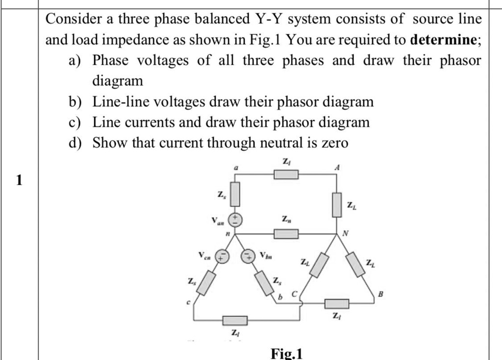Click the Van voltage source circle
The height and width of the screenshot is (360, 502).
pyautogui.click(x=236, y=218)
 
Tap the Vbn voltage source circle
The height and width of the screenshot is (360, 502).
pyautogui.click(x=248, y=256)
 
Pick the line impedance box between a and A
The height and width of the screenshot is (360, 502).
pyautogui.click(x=285, y=174)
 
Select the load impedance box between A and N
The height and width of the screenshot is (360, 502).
pyautogui.click(x=337, y=205)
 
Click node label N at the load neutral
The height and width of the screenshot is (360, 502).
pyautogui.click(x=346, y=234)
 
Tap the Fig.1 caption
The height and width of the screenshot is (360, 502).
pyautogui.click(x=287, y=353)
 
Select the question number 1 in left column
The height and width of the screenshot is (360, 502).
pyautogui.click(x=19, y=181)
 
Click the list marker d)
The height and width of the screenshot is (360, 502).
pyautogui.click(x=76, y=143)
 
